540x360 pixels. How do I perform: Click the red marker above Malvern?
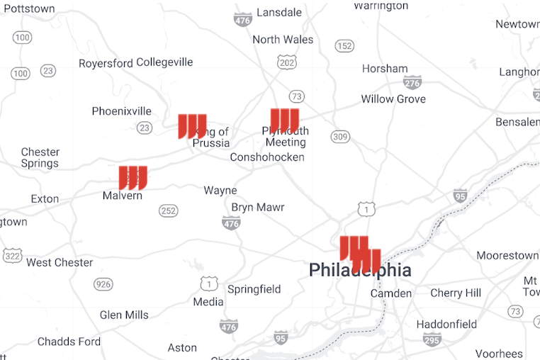pos(133,176)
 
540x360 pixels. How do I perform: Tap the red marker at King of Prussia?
pos(192,125)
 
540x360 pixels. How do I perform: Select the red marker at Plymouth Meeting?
pos(285,120)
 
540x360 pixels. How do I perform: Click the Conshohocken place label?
pos(267,157)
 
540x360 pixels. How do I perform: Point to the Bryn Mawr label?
pos(258,208)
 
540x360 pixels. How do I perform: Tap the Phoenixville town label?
pos(122,111)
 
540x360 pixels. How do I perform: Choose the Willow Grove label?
pos(393,99)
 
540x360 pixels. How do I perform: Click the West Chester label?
pos(60,263)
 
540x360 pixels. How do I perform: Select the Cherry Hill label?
pos(456,293)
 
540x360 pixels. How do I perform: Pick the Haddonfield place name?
pos(446,325)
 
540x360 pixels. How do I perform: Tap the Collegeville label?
pos(164,62)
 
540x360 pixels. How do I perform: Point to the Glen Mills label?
pos(124,315)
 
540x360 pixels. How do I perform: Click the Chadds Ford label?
pos(69,342)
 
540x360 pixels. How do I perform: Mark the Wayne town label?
pos(220,191)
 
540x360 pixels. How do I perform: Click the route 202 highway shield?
pos(288,64)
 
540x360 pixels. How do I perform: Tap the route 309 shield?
pos(340,137)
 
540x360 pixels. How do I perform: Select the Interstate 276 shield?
pos(412,83)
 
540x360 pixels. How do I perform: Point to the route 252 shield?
pos(169,211)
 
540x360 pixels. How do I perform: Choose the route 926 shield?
pos(103,285)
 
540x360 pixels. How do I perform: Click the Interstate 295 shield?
pos(432,341)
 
